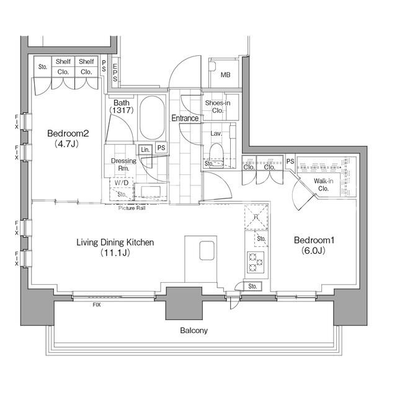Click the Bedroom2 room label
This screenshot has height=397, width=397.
68,138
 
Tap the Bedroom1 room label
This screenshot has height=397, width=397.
314,245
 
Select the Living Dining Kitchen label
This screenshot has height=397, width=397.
115,248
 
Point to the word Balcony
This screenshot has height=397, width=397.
194,330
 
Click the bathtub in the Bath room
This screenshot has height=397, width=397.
151,117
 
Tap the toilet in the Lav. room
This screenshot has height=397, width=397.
216,155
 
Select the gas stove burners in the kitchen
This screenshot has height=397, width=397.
255,262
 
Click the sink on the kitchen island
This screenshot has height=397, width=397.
207,251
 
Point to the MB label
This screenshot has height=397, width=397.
225,75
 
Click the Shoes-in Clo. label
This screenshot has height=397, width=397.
218,107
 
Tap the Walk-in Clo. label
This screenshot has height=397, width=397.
323,185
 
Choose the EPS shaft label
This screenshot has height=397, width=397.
115,73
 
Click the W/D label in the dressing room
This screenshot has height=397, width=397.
122,183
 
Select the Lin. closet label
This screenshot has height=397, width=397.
145,149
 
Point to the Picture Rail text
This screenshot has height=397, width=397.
132,208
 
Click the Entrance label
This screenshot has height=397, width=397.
185,118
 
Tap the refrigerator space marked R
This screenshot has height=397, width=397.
256,217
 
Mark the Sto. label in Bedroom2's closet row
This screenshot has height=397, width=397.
43,67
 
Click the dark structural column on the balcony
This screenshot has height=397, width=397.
184,303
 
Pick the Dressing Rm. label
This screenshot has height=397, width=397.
123,164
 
